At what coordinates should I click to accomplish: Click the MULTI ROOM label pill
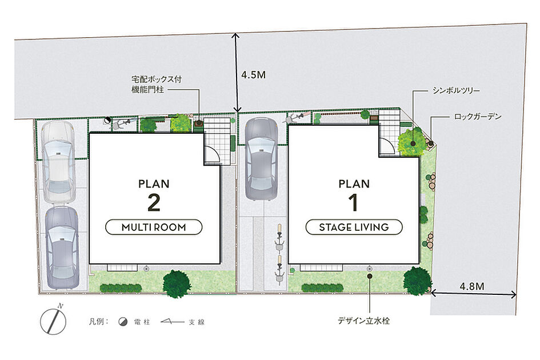click(x=154, y=227)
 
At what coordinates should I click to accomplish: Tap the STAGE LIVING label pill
click(x=354, y=227)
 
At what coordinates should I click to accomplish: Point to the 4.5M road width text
click(x=254, y=75)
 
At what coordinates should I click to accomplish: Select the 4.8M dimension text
click(x=472, y=286)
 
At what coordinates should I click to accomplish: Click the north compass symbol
click(x=53, y=321)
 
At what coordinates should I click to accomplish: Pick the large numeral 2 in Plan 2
click(x=154, y=202)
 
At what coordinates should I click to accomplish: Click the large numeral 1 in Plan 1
click(x=353, y=202)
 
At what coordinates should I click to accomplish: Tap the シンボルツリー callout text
click(x=457, y=91)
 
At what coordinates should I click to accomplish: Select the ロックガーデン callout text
click(x=478, y=117)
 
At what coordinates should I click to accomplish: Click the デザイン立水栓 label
click(x=363, y=321)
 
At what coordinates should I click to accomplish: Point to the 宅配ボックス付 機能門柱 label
click(x=157, y=85)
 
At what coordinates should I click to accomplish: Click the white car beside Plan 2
click(x=58, y=162)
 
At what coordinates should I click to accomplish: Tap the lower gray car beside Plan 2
click(x=62, y=247)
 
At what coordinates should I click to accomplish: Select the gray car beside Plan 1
click(x=261, y=159)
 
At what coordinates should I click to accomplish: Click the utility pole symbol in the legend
click(x=123, y=322)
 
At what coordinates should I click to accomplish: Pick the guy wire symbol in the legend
click(x=172, y=322)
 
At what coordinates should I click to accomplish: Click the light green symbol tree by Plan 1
click(x=412, y=141)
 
